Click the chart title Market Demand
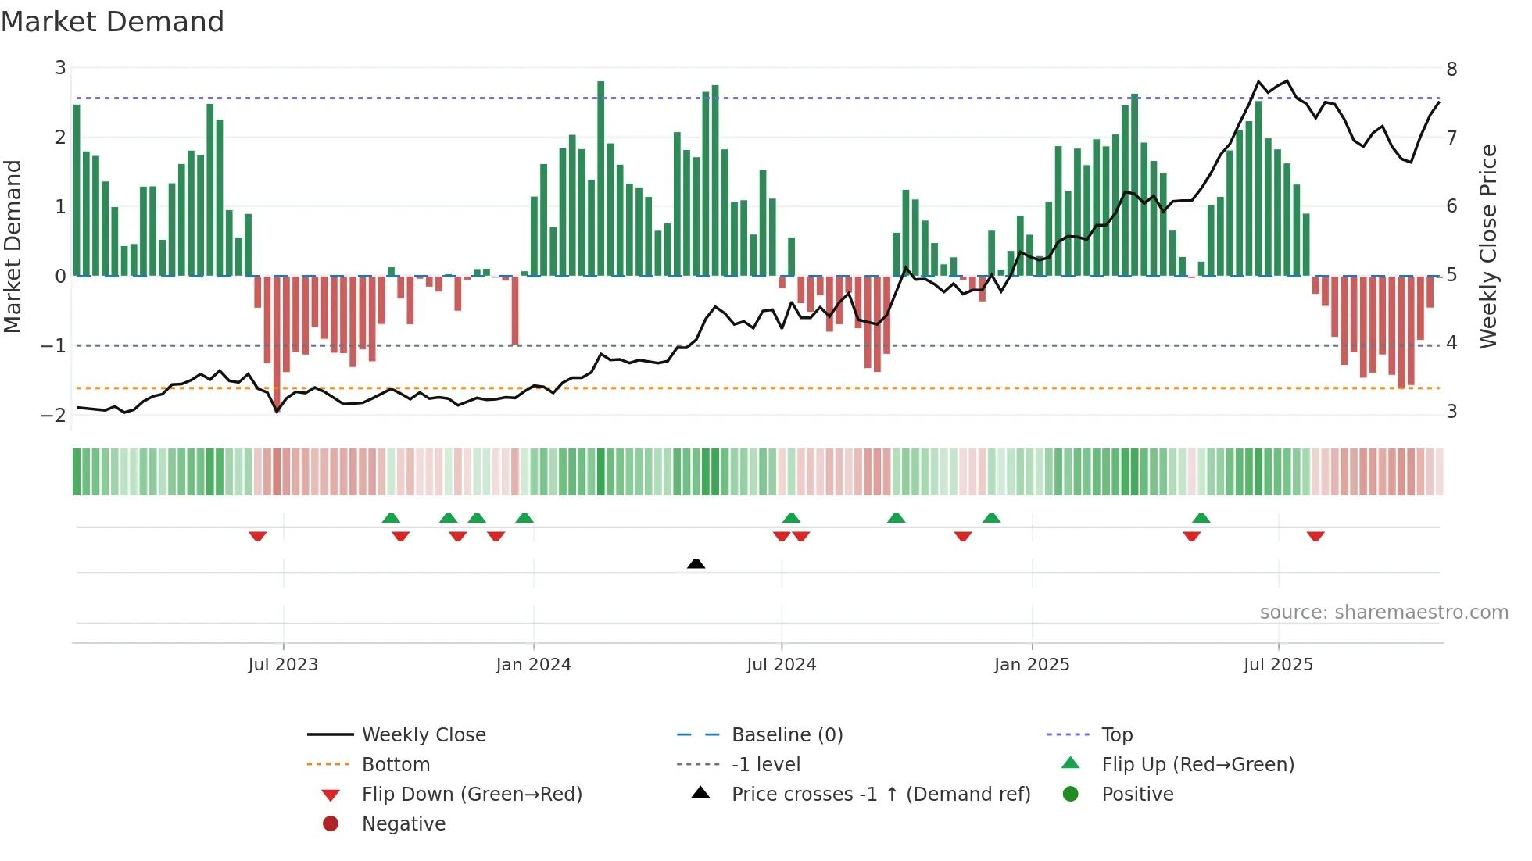113,22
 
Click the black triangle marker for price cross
696,563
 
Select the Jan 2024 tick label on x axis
533,665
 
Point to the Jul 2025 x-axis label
1278,665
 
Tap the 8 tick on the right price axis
1451,70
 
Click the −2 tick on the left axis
54,415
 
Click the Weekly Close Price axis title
1488,246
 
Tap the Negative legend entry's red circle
331,824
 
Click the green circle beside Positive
1071,795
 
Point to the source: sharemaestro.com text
1383,613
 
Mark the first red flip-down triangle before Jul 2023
258,536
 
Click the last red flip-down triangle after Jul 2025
1315,536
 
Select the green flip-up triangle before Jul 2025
1201,518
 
